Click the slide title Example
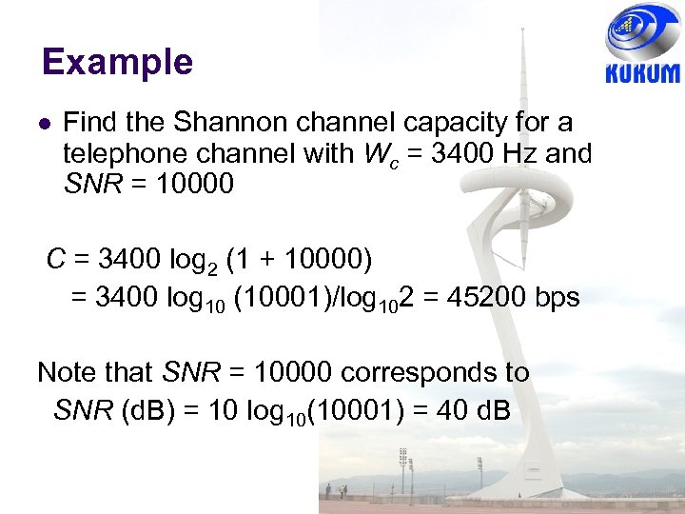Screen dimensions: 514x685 pos(117,63)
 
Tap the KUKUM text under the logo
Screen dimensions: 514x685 pos(642,74)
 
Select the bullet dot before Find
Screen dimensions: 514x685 pos(44,125)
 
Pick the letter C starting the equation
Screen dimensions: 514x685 pos(56,259)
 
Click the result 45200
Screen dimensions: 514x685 pos(472,297)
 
